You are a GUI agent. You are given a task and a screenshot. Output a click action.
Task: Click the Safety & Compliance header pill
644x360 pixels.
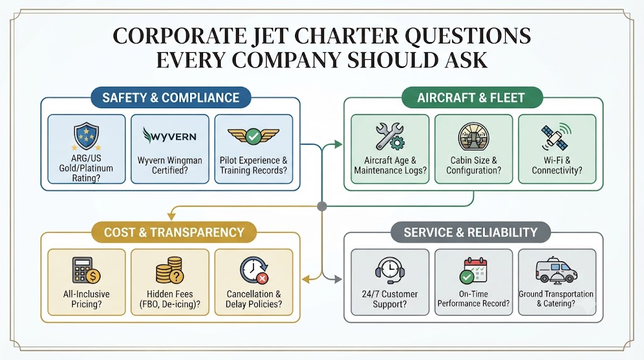[170, 98]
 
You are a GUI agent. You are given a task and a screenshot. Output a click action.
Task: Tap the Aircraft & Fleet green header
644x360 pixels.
[472, 98]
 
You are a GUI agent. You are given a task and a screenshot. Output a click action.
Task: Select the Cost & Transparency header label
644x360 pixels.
[174, 232]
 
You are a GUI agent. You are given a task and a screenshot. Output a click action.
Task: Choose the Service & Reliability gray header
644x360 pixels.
[470, 232]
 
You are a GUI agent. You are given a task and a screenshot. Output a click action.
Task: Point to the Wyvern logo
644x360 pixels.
[170, 135]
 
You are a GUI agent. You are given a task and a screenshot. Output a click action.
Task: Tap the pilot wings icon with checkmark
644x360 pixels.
[253, 136]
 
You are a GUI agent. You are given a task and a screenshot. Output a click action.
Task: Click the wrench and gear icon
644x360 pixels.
[390, 136]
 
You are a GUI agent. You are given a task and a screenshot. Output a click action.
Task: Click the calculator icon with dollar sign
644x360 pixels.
[86, 271]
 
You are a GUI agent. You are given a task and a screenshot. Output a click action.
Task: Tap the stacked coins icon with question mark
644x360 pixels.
[170, 270]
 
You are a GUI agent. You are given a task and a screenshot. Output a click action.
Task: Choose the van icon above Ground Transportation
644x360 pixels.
[557, 271]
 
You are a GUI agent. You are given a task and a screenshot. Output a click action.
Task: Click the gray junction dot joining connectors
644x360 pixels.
[322, 206]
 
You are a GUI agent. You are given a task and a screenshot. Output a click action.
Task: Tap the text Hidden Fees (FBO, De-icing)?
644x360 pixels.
[170, 299]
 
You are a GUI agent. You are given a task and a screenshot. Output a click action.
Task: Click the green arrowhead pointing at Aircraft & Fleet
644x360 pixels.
[338, 144]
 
